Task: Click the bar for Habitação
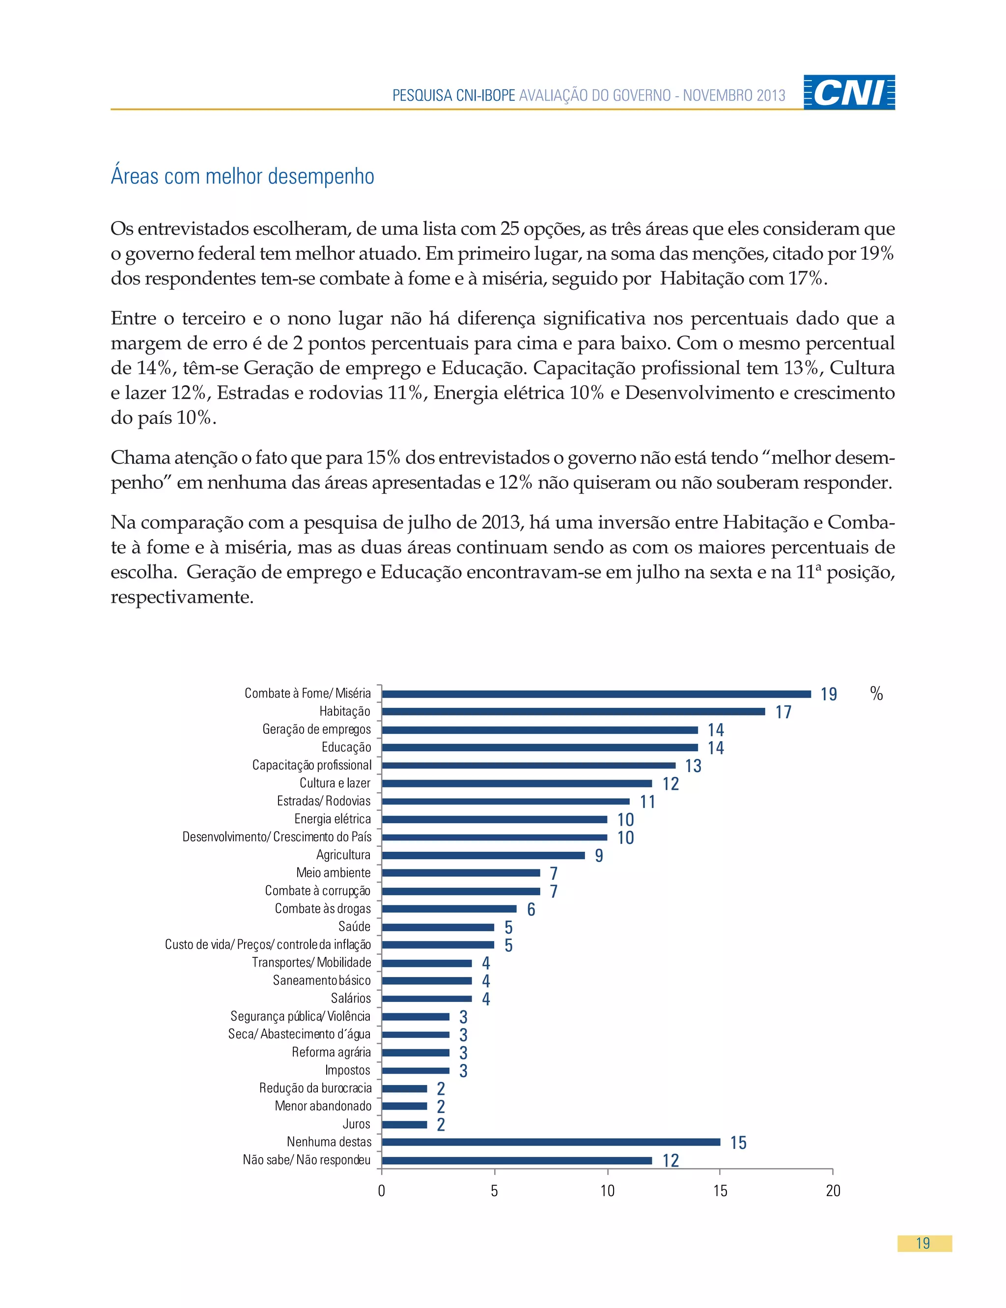tap(573, 711)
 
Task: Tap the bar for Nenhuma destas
tap(551, 1141)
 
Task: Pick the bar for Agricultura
tap(483, 855)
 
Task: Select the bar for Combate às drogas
tap(449, 909)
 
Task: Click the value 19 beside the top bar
tap(828, 695)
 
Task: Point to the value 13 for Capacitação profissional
tap(693, 766)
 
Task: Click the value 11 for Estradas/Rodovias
tap(647, 802)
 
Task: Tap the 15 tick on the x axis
tap(720, 1191)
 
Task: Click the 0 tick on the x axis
tap(382, 1191)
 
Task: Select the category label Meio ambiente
tap(333, 873)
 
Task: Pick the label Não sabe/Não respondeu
tap(307, 1160)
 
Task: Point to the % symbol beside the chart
tap(876, 694)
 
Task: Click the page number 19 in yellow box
tap(923, 1243)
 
